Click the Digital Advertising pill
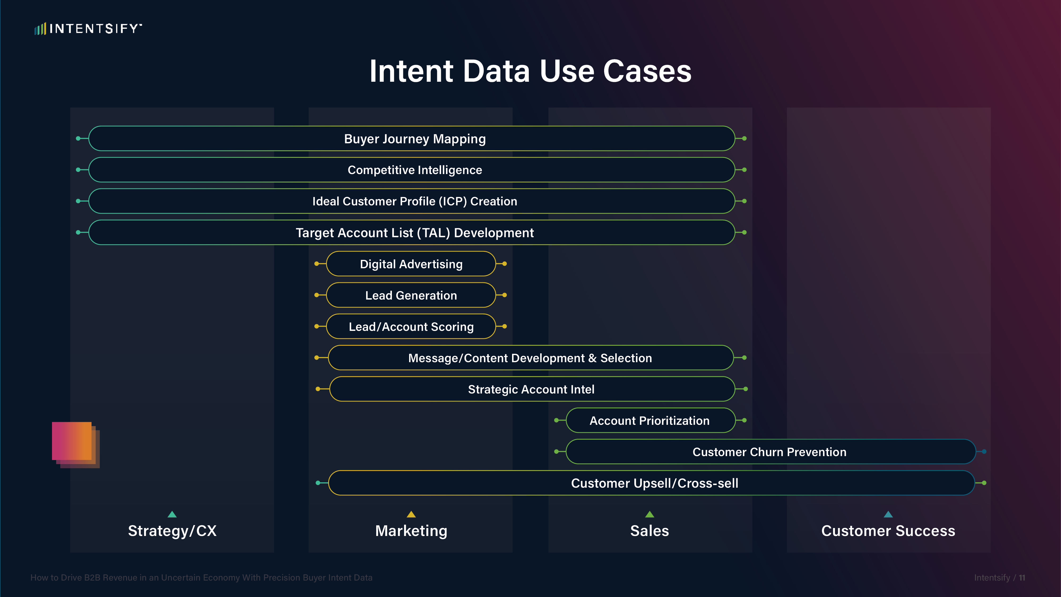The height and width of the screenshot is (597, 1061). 411,264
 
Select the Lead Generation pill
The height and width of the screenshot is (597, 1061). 411,295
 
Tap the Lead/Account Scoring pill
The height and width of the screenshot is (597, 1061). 411,326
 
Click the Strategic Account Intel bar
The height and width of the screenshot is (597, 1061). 532,389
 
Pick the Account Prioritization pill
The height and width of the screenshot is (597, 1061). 650,420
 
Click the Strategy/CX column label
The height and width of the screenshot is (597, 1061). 172,531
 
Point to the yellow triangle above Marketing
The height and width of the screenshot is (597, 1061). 411,514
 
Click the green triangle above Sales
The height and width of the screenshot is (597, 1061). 649,514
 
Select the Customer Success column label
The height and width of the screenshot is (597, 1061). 888,531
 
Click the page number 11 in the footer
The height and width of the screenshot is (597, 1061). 1022,578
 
